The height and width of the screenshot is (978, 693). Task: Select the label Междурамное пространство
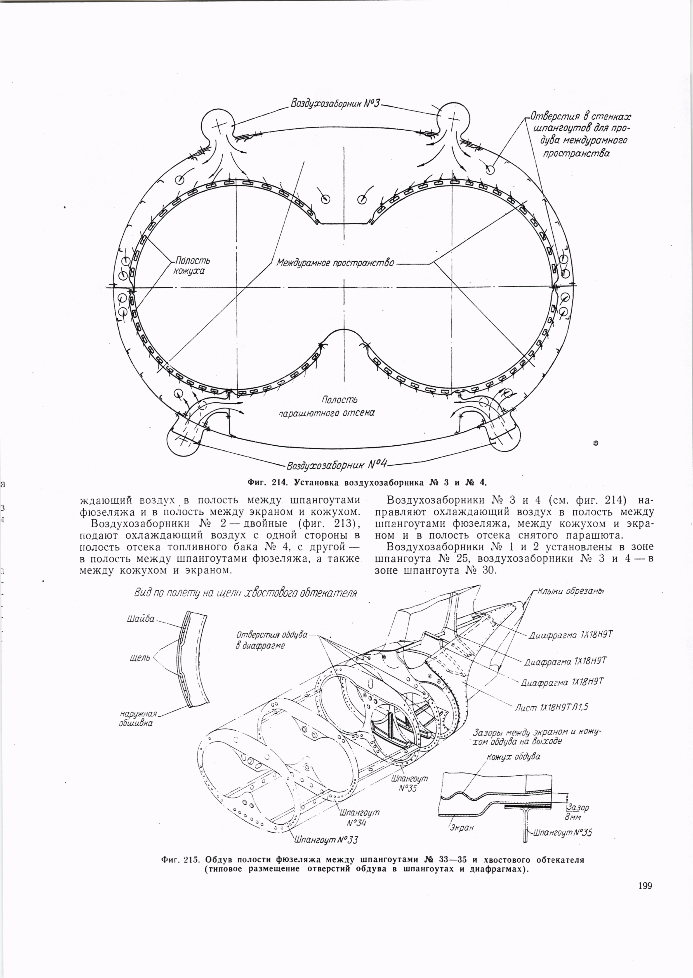(335, 262)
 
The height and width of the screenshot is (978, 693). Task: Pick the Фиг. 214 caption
(367, 483)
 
